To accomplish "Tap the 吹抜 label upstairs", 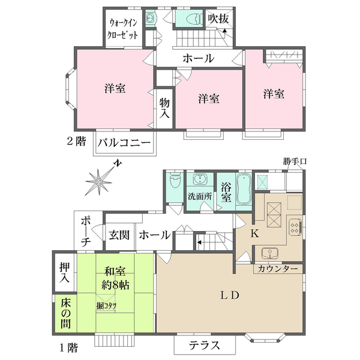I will click(218, 19).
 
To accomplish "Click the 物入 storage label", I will click(164, 108).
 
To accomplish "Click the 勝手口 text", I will click(295, 162).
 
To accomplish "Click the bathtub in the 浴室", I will click(243, 190).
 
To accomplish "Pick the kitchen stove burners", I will click(294, 227).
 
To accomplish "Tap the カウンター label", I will click(278, 269).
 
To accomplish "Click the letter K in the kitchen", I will click(254, 235).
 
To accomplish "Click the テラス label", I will click(204, 345).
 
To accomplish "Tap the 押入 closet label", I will click(65, 271).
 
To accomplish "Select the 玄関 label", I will click(116, 235).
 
